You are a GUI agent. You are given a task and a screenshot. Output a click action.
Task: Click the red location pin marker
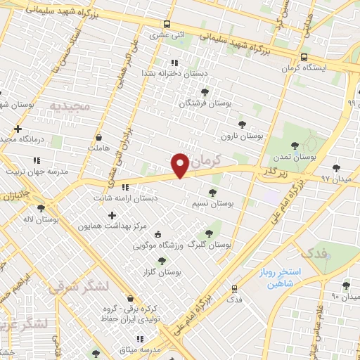click(x=181, y=165)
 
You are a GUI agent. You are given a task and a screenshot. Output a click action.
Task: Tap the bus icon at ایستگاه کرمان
click(x=303, y=58)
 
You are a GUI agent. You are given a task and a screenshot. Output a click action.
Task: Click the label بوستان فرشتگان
click(x=186, y=103)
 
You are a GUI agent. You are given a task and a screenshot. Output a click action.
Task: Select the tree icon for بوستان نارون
click(x=242, y=124)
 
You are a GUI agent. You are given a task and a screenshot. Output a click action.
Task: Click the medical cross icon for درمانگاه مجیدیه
click(x=18, y=129)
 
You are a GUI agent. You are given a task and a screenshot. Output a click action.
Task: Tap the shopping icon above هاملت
click(x=100, y=137)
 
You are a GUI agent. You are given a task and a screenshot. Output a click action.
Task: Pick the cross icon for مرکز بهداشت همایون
click(x=112, y=214)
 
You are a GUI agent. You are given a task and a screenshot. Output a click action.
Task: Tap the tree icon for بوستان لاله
click(x=41, y=208)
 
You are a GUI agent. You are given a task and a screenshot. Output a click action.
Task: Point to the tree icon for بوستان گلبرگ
click(x=208, y=233)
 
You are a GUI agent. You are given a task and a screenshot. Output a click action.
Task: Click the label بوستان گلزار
click(x=162, y=271)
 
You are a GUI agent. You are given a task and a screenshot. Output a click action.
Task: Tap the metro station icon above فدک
click(x=234, y=288)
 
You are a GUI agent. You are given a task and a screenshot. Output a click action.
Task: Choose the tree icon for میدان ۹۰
click(x=345, y=285)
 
